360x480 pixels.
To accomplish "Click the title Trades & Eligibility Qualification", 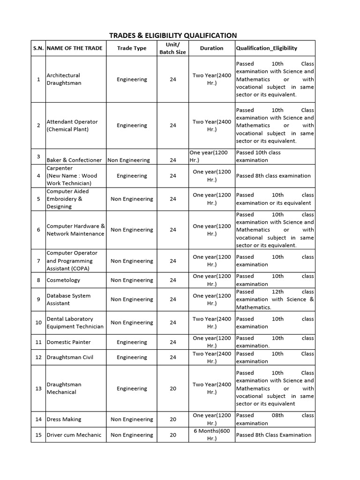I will point(173,35).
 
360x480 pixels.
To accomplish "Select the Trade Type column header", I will point(131,48).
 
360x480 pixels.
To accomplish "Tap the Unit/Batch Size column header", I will point(173,48).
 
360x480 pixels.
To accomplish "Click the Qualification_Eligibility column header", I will point(266,48).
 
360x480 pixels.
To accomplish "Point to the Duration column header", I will point(211,48).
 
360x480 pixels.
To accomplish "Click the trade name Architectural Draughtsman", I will point(64,79).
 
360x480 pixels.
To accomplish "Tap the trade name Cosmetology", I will point(63,280).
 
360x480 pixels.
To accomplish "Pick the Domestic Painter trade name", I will point(69,342).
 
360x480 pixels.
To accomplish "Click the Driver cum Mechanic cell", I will point(74,435).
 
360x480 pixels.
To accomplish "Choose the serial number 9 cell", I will point(38,300).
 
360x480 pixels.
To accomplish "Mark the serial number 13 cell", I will point(38,389).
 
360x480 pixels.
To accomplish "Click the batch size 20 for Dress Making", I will point(173,420).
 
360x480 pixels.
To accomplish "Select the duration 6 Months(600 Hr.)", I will point(211,435).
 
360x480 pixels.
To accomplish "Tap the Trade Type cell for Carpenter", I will point(131,176).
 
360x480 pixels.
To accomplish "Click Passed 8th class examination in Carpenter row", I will point(273,176).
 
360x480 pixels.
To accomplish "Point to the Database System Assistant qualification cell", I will point(275,300).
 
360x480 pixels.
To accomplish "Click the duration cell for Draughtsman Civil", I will point(211,357).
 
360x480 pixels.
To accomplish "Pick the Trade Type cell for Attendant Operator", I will point(131,125).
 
